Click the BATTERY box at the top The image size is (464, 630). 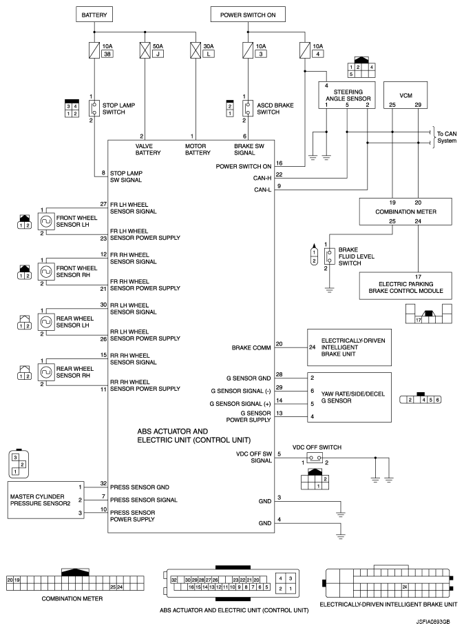94,14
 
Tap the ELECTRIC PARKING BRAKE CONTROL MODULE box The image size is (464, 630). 405,282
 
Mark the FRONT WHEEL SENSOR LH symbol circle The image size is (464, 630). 47,221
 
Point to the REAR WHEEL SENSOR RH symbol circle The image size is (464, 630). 47,372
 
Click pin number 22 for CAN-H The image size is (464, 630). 279,174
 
